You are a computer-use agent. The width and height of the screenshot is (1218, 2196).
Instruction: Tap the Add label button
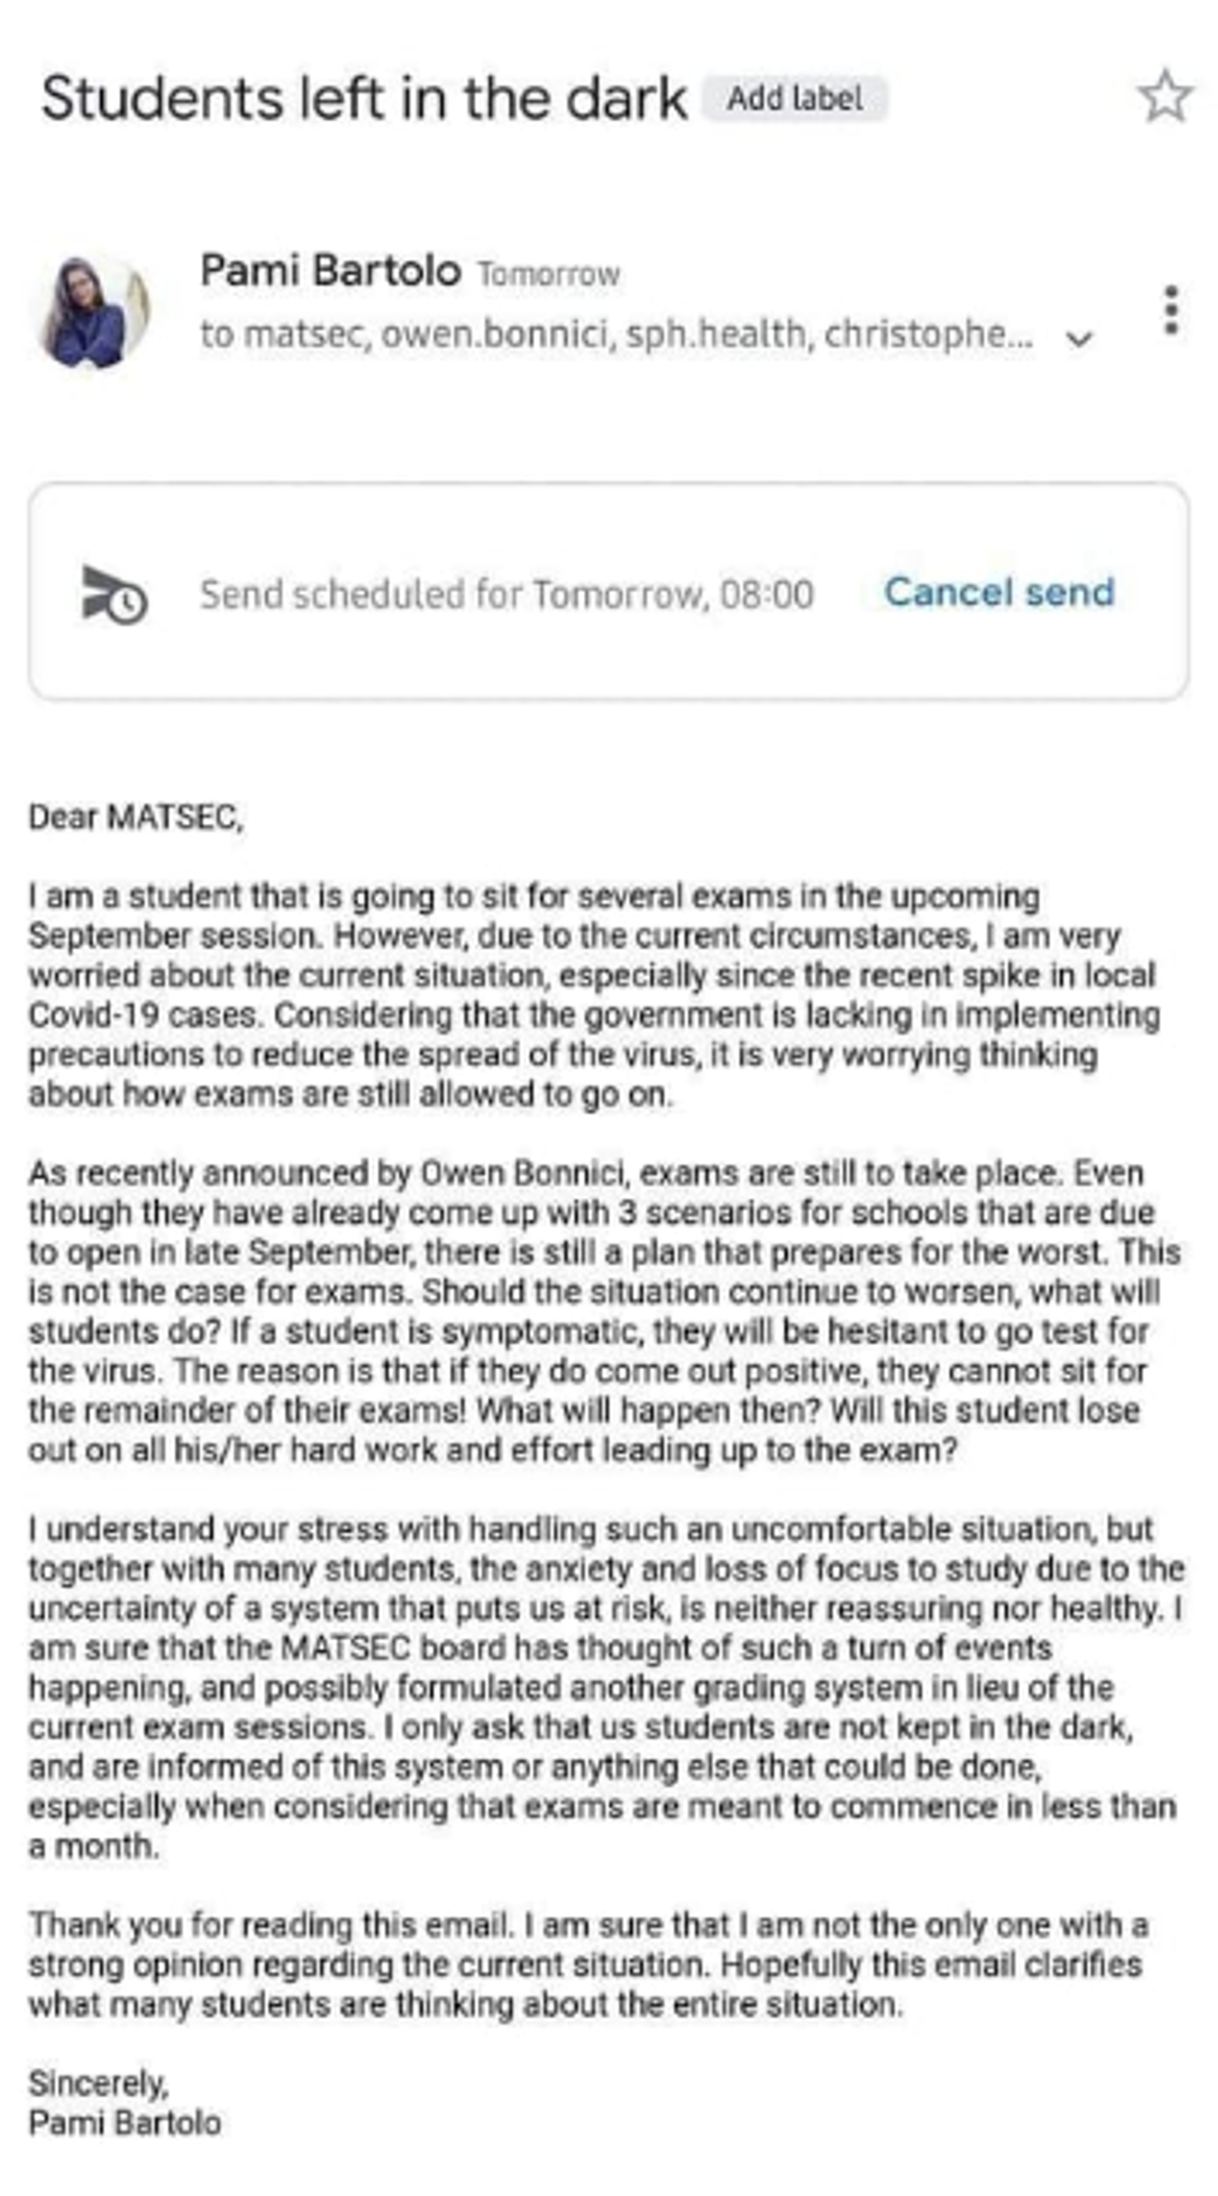coord(795,99)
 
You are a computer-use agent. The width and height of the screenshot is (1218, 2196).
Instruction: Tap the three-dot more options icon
coord(1171,309)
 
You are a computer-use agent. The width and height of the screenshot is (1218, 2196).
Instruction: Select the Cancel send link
coord(999,592)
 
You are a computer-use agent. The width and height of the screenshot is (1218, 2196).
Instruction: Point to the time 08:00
coord(767,594)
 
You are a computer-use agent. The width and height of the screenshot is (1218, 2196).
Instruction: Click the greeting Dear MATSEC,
coord(136,817)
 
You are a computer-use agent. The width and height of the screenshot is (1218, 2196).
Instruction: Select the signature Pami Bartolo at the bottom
coord(125,2123)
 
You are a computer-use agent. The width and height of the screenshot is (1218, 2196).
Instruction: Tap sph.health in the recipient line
coord(717,335)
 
